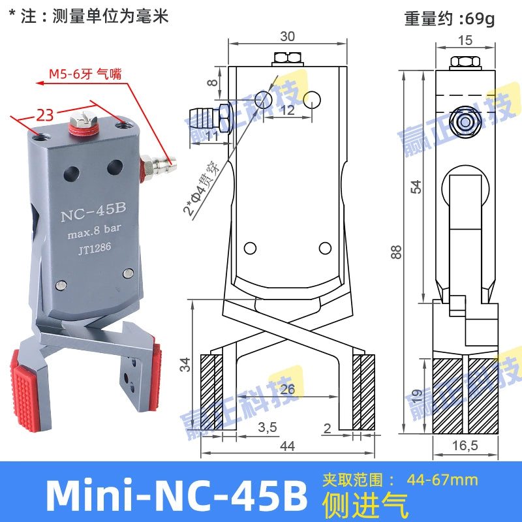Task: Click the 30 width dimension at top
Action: click(x=287, y=35)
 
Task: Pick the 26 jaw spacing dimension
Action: click(x=288, y=390)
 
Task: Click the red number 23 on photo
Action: click(x=44, y=115)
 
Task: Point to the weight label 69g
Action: click(x=450, y=18)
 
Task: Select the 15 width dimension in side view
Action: click(x=464, y=40)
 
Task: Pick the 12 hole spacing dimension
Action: click(x=287, y=111)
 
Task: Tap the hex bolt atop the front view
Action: click(x=288, y=58)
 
